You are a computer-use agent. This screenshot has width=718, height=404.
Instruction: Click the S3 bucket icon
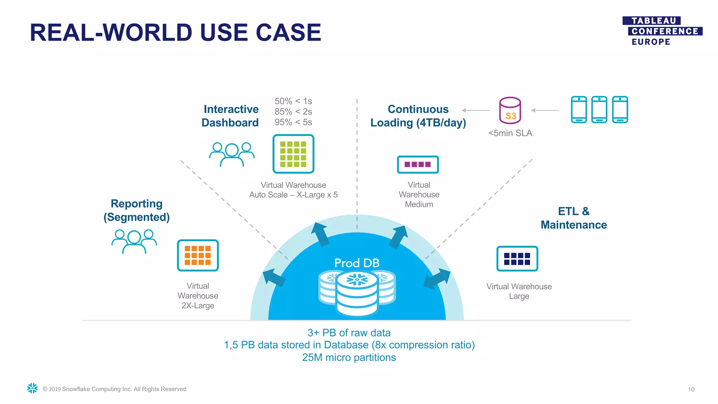click(510, 110)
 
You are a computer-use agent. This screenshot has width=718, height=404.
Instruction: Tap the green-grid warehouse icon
click(293, 154)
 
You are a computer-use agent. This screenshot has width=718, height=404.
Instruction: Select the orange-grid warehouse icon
click(198, 255)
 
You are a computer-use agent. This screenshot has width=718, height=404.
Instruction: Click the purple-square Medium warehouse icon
click(418, 164)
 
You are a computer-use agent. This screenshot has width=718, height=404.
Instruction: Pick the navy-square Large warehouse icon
click(517, 258)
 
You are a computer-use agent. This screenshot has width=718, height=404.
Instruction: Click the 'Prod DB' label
click(357, 263)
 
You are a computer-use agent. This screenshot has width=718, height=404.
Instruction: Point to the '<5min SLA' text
click(510, 133)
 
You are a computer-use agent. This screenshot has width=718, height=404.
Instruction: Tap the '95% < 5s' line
click(293, 122)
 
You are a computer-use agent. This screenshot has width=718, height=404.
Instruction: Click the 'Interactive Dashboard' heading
click(230, 116)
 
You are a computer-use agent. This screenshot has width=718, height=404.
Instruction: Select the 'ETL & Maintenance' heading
click(574, 218)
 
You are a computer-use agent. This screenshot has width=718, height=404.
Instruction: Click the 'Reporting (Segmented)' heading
click(136, 210)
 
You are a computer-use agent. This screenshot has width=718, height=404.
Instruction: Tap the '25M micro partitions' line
click(349, 357)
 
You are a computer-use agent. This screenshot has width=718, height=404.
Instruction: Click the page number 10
click(691, 389)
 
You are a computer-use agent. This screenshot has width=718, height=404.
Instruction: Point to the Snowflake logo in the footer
click(32, 388)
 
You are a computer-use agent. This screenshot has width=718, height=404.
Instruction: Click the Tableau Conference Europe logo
click(662, 31)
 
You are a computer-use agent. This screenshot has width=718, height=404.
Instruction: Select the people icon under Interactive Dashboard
click(232, 154)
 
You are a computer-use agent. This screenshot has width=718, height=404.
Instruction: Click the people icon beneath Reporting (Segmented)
click(134, 241)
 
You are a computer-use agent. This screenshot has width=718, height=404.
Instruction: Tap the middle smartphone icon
click(599, 109)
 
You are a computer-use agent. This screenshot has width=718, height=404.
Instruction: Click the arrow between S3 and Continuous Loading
click(476, 110)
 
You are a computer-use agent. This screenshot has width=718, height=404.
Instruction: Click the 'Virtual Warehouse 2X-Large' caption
click(198, 296)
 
